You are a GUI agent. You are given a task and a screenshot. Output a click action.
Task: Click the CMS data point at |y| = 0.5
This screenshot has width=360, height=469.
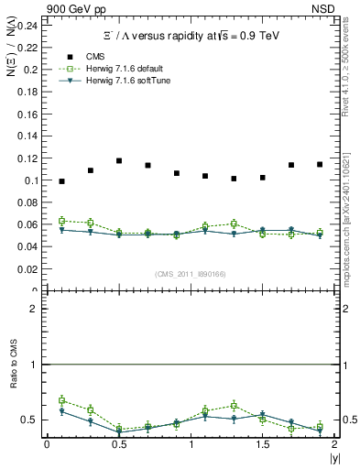coord(119,160)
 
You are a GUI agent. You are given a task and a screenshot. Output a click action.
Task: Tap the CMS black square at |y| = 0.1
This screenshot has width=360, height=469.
coord(61,181)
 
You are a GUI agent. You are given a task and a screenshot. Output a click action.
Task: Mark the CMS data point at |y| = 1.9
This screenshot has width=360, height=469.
coord(320,164)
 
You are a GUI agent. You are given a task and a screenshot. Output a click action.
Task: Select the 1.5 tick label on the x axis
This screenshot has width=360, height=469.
coord(262,443)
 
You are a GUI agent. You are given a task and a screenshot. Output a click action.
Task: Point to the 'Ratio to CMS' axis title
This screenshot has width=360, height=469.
coord(15,379)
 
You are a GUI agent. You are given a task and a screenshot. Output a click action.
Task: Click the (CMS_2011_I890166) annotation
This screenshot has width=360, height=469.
coord(191,273)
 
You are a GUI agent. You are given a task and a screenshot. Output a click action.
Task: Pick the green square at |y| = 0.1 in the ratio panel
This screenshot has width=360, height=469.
coord(61,400)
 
